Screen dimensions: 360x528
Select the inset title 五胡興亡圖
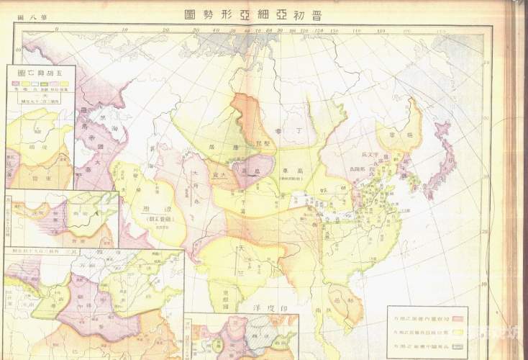[x=40, y=73]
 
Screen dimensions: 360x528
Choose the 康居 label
[x=222, y=145]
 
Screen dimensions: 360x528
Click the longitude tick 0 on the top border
[x=56, y=30]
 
